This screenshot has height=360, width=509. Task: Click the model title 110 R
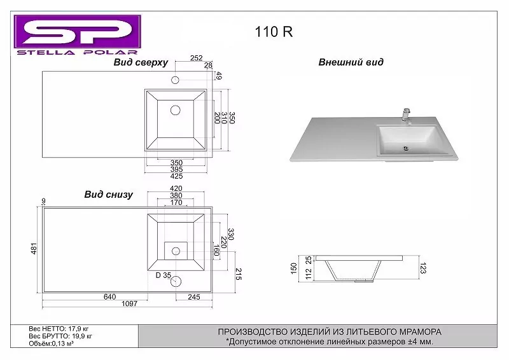274,32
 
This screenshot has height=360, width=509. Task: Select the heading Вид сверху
141,62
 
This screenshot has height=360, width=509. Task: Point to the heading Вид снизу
108,195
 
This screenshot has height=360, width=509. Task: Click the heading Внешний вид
351,62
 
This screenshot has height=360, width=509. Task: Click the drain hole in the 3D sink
405,149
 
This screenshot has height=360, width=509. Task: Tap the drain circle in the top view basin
176,110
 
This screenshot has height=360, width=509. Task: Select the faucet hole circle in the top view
176,80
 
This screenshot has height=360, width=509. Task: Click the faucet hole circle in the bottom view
176,280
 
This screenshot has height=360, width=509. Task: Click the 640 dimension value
109,296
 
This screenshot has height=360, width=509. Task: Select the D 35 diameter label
164,275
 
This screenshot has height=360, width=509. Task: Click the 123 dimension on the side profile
422,269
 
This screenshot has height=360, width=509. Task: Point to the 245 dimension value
194,296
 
